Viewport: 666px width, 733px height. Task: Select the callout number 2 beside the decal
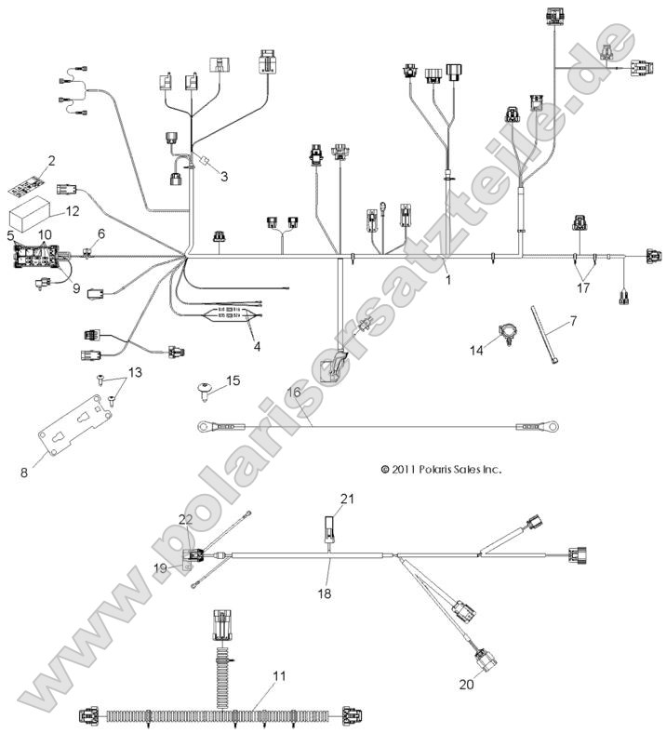[52, 160]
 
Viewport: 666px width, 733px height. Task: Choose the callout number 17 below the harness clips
[583, 288]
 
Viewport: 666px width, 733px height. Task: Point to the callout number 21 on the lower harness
[346, 500]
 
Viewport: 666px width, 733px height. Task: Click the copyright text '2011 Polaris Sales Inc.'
[441, 470]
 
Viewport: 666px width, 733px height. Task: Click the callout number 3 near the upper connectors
[224, 175]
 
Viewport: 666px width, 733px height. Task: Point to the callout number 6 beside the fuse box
[101, 233]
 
